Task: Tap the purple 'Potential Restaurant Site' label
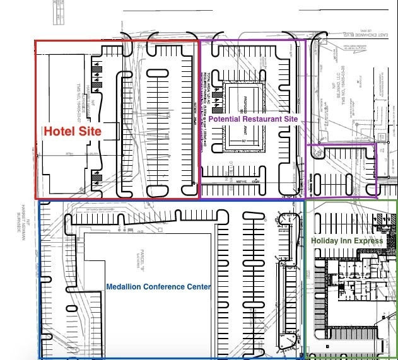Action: point(253,119)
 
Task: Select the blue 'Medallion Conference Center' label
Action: point(158,287)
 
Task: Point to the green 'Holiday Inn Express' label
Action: point(347,241)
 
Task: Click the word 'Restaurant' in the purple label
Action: point(262,119)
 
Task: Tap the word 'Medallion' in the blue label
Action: point(123,287)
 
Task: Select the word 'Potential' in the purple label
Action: point(224,119)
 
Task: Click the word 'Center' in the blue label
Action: point(197,287)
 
